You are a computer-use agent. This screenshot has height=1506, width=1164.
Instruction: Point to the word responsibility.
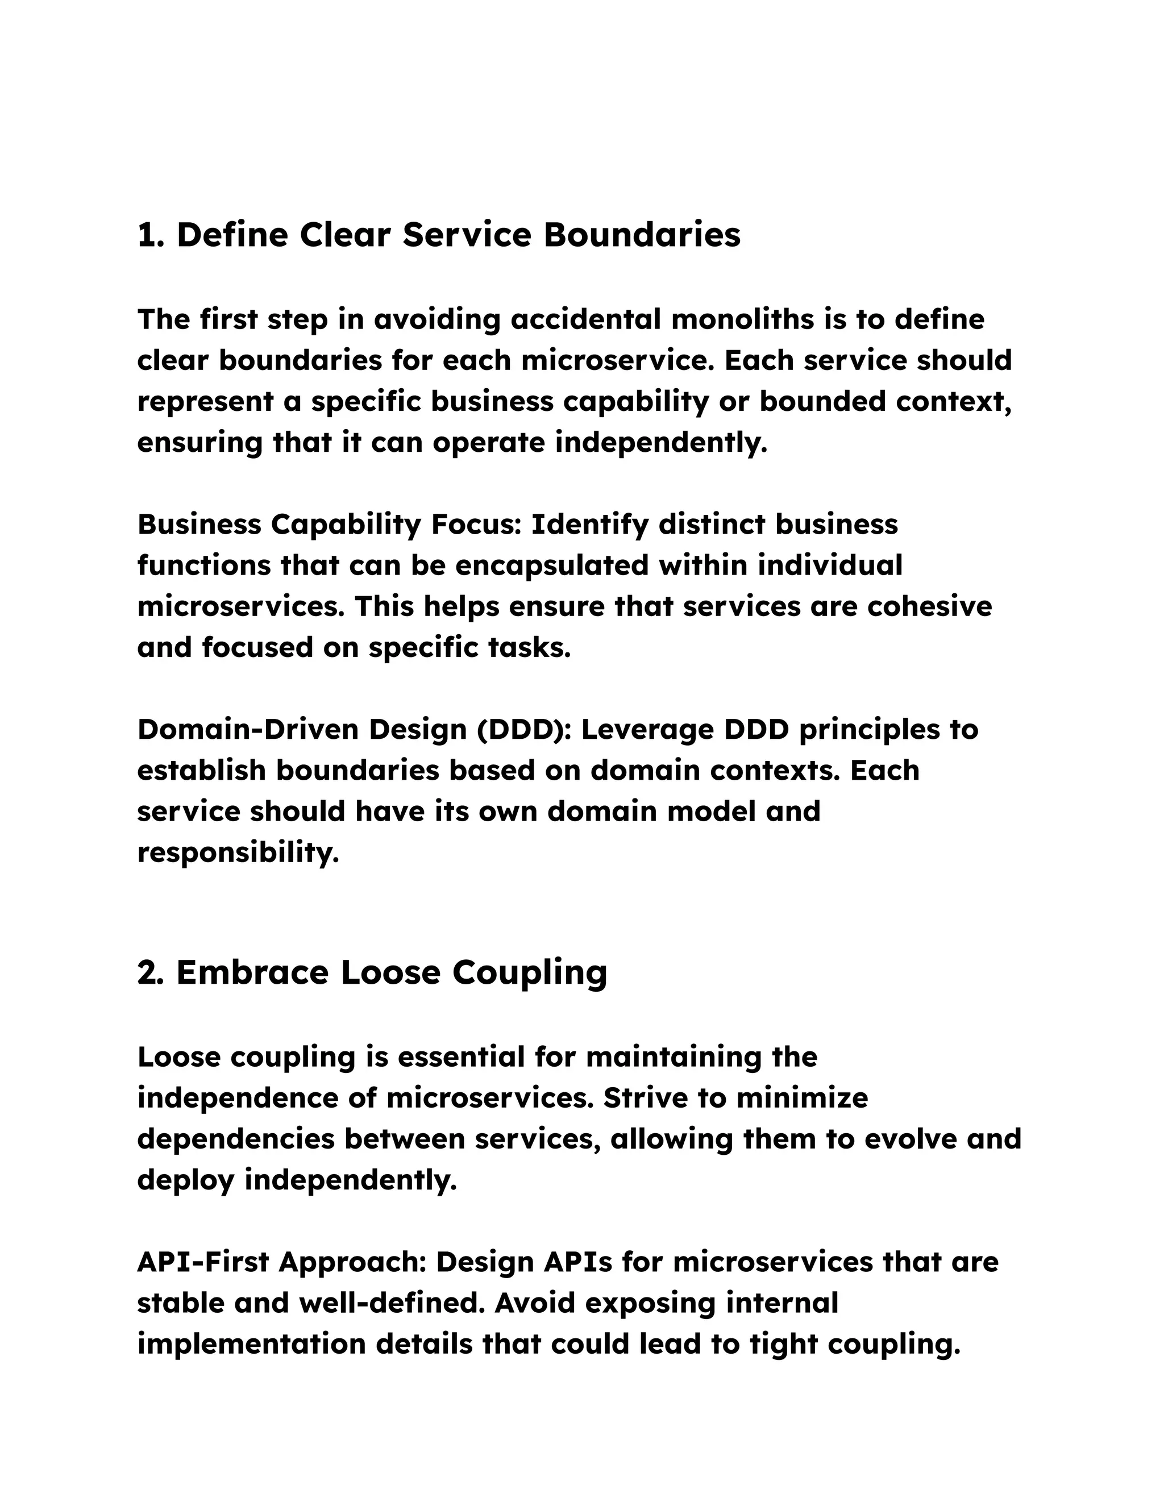[238, 853]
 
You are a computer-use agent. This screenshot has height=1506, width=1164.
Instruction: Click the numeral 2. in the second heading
[150, 973]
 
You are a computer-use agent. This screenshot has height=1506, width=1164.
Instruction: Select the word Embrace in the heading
[252, 973]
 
